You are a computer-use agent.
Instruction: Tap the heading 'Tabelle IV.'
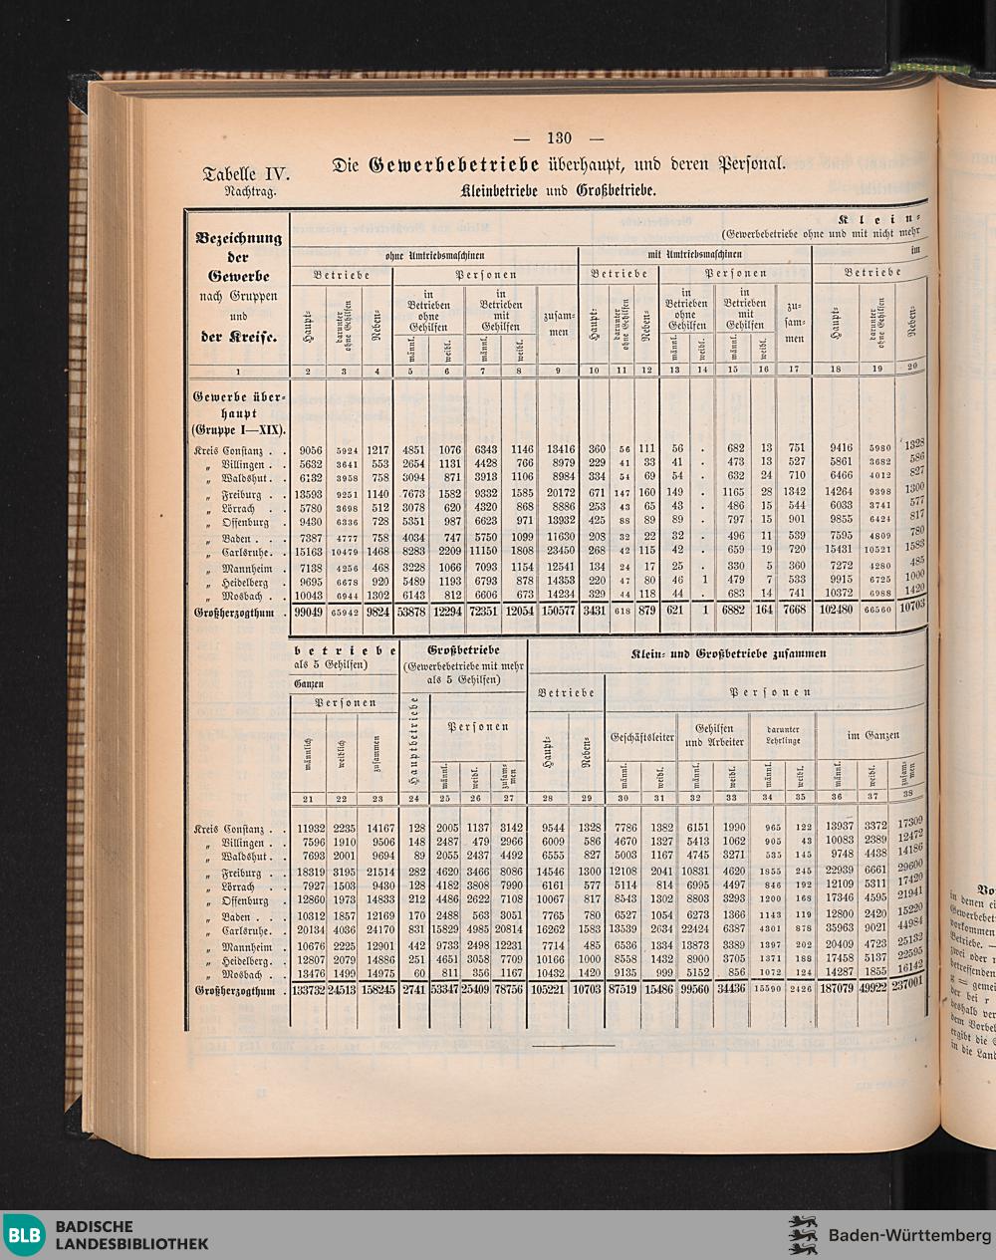click(x=246, y=173)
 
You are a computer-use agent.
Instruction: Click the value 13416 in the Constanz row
click(x=557, y=449)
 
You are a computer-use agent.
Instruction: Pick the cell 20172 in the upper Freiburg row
click(x=557, y=494)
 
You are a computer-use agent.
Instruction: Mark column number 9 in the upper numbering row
click(x=557, y=371)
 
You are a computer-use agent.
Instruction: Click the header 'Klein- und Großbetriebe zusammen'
click(x=727, y=653)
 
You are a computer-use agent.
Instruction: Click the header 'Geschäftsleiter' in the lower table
click(x=642, y=738)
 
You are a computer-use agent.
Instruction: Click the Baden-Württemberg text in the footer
click(x=909, y=1235)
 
